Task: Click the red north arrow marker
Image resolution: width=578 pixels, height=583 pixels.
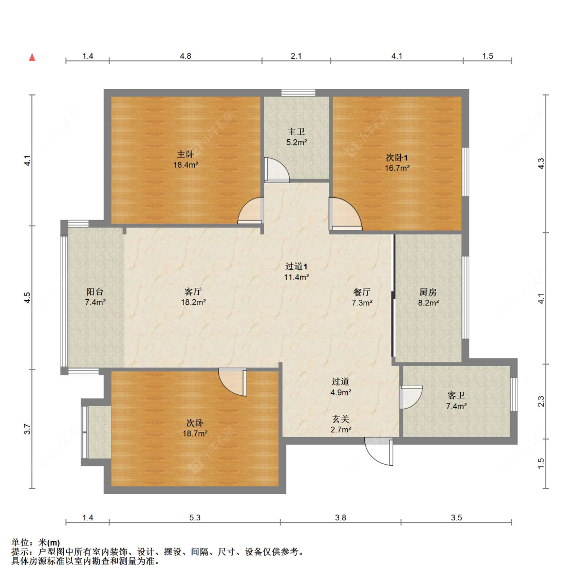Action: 32,57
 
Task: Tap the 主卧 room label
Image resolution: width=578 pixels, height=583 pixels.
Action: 185,154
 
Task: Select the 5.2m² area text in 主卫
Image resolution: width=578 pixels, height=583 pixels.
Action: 296,142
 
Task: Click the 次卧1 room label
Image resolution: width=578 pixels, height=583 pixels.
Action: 397,157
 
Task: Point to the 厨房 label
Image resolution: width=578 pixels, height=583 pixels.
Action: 428,292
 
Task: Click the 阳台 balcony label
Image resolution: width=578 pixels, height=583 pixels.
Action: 95,291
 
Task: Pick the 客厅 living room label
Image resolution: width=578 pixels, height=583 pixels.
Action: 193,291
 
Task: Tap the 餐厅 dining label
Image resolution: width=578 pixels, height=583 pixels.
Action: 362,292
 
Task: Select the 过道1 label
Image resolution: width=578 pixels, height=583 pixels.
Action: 296,266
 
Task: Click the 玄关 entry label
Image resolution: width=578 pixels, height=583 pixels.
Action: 340,419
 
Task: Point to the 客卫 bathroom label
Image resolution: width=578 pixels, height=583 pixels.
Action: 456,395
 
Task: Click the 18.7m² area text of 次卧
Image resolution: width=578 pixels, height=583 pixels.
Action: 195,433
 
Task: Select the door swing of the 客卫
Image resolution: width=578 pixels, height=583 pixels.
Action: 410,397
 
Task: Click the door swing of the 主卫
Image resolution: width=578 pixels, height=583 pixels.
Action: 276,170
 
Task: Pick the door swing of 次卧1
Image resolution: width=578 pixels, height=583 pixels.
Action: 345,214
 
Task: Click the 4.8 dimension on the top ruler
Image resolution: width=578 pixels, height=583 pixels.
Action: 185,56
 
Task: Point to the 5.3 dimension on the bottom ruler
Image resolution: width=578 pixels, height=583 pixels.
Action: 195,517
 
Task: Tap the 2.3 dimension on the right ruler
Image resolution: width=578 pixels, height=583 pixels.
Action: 540,401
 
